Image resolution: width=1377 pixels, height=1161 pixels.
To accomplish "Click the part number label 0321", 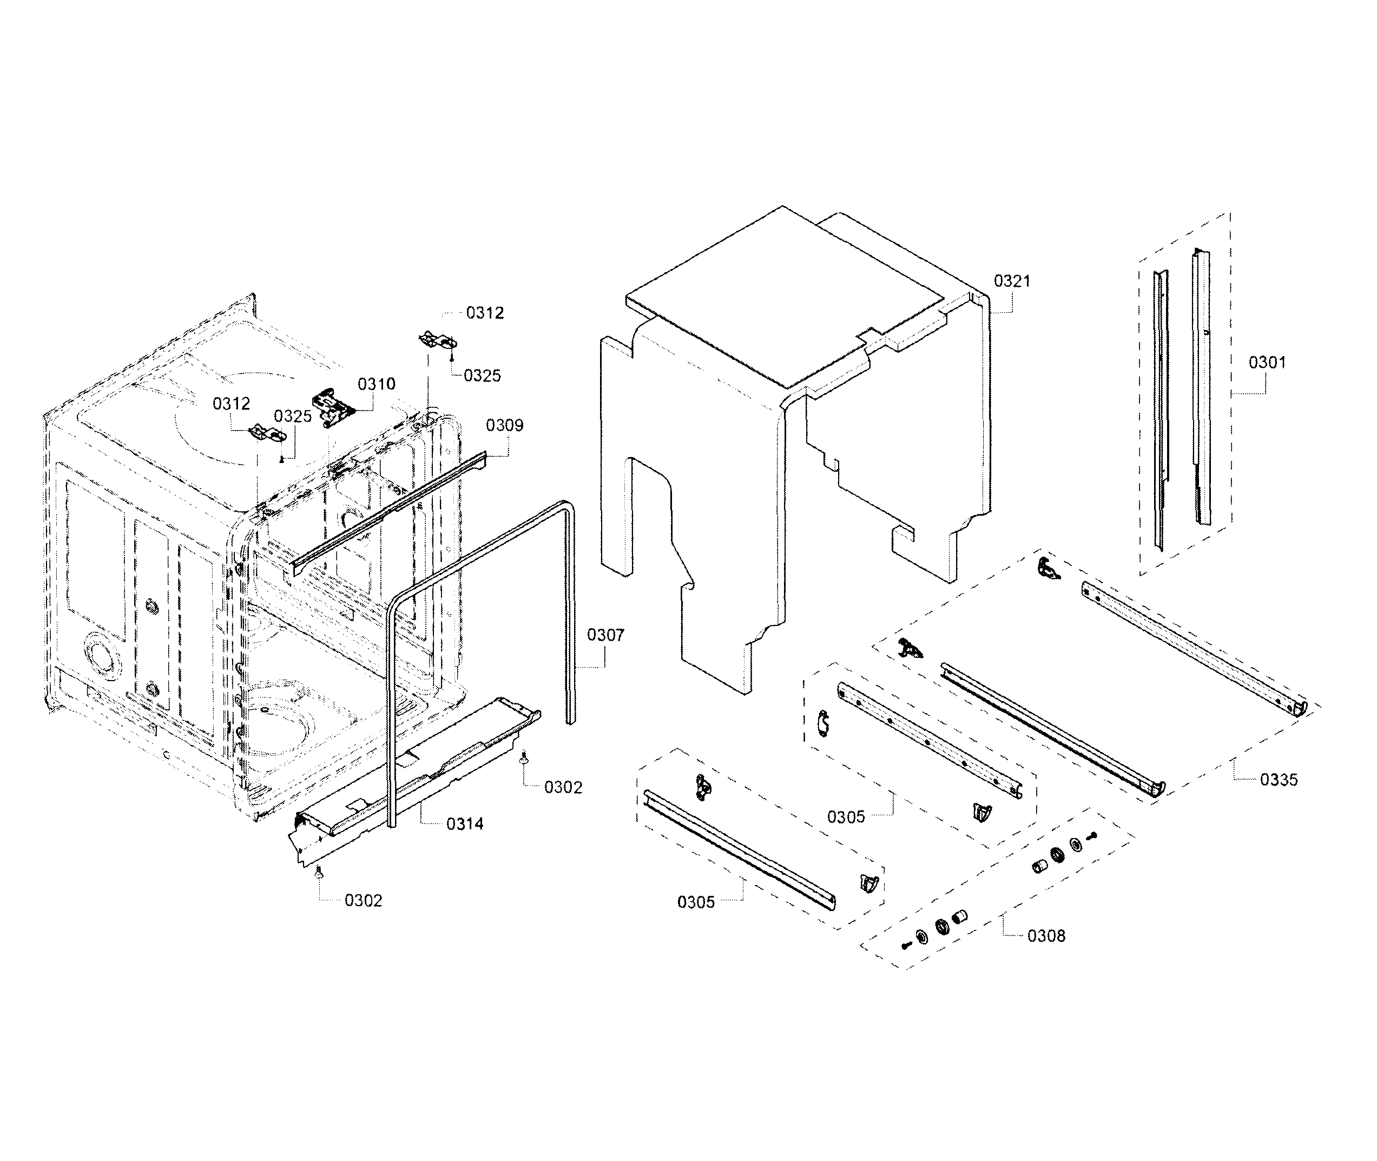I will click(1012, 281).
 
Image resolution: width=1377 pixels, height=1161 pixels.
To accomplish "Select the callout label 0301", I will click(1267, 362).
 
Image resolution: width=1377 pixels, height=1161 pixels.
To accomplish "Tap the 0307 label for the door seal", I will click(605, 635).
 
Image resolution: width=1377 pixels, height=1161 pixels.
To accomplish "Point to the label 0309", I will click(505, 425).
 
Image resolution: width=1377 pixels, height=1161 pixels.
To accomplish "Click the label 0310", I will click(377, 384).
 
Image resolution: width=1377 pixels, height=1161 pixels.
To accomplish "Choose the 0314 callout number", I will click(465, 824).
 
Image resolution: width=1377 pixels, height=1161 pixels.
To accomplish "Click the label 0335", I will click(1279, 780).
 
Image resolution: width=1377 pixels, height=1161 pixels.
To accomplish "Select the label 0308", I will click(1046, 936).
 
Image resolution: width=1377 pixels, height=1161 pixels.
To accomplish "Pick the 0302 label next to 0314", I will click(563, 787).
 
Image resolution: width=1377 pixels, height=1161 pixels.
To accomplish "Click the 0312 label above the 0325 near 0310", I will click(231, 404).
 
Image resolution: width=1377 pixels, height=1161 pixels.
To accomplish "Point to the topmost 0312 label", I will click(485, 313).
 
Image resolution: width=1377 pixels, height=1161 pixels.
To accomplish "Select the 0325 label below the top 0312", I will click(482, 376).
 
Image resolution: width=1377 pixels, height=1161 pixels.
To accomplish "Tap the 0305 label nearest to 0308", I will click(846, 817).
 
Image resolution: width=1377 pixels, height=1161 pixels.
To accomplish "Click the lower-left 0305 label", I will click(696, 902).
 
